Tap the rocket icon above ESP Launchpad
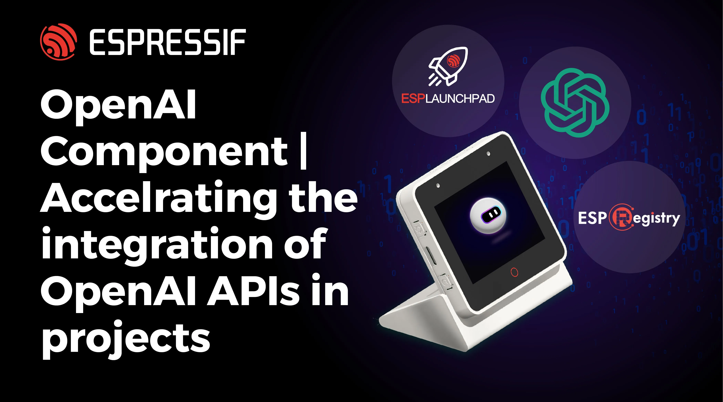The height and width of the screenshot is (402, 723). (x=448, y=67)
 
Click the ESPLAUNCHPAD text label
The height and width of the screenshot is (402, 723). (x=448, y=99)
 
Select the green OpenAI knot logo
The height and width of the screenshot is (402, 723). (x=575, y=103)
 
